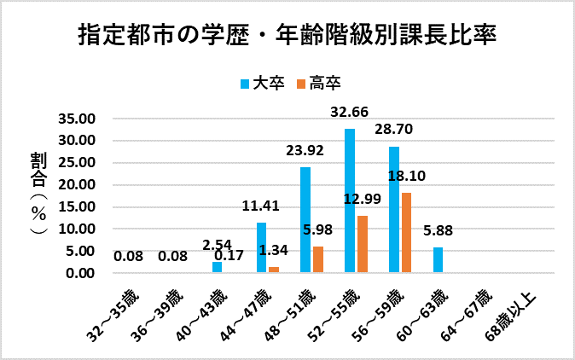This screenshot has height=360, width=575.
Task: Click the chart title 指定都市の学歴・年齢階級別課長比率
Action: pyautogui.click(x=287, y=36)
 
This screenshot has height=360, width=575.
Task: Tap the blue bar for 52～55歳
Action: pyautogui.click(x=350, y=200)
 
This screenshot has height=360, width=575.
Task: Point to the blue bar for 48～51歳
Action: pyautogui.click(x=305, y=220)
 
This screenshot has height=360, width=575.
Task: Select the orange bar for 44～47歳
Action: pyautogui.click(x=274, y=270)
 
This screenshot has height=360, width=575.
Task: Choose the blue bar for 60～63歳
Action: pyautogui.click(x=438, y=260)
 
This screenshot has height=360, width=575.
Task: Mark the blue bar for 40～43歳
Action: pyautogui.click(x=217, y=267)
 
